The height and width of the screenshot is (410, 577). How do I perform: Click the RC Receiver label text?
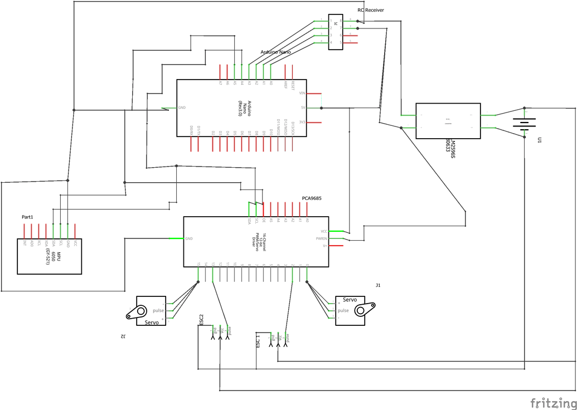[x=370, y=10]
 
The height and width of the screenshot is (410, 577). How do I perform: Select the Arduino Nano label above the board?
[x=275, y=52]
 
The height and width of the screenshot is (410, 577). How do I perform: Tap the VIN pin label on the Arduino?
[x=302, y=94]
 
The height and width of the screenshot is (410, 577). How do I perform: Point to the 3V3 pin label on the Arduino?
[x=302, y=123]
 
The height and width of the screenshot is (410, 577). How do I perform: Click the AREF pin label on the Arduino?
[x=285, y=84]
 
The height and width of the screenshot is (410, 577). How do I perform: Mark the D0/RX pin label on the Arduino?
[x=191, y=130]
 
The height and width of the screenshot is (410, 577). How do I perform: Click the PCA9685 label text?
[x=311, y=198]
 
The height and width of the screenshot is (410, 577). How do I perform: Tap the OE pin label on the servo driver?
[x=264, y=221]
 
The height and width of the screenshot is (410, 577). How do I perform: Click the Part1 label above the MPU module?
[x=27, y=217]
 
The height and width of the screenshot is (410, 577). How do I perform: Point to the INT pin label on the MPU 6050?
[x=25, y=243]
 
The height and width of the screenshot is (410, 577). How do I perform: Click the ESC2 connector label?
[x=201, y=320]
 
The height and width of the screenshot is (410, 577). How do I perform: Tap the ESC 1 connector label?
[x=258, y=341]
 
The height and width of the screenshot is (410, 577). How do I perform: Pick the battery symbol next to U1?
[x=524, y=123]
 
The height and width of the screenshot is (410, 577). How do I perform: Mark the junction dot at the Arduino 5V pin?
[x=322, y=108]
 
